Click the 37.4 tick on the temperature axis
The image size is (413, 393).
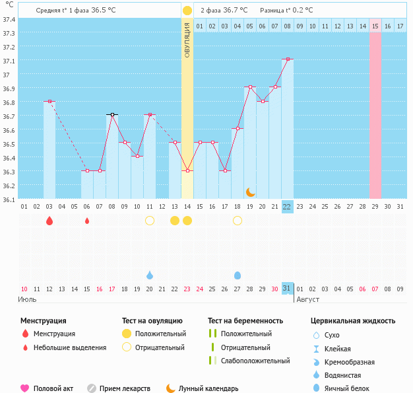(x=9, y=19)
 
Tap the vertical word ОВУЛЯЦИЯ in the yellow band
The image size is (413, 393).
(x=187, y=39)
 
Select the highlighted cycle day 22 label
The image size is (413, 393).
(x=287, y=206)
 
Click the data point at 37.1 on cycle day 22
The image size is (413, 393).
(x=287, y=59)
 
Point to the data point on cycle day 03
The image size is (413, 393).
(x=49, y=101)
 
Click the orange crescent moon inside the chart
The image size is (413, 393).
(x=250, y=192)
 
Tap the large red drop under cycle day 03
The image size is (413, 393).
(x=49, y=221)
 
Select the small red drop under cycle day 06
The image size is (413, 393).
(x=87, y=221)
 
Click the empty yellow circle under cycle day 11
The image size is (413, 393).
(x=150, y=221)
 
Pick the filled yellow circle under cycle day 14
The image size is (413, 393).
(x=187, y=221)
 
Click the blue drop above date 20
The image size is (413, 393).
(x=150, y=275)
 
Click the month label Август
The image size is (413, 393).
(x=307, y=299)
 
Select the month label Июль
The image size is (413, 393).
(x=27, y=299)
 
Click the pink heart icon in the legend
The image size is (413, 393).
(x=25, y=388)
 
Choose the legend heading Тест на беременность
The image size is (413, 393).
(x=245, y=321)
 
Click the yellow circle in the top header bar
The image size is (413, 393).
(x=187, y=10)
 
